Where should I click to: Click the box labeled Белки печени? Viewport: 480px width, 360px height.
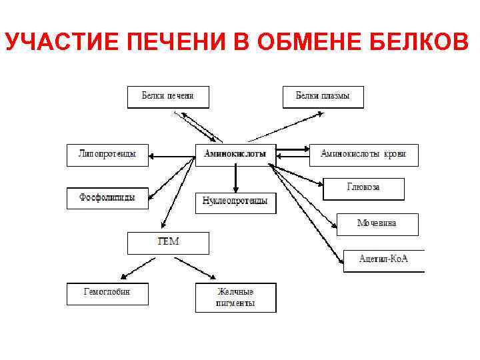click(x=168, y=97)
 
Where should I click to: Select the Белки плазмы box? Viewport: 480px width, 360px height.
click(x=323, y=97)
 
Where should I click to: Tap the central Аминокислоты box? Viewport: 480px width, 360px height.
click(x=235, y=154)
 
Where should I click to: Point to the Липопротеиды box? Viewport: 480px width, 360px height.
click(x=107, y=155)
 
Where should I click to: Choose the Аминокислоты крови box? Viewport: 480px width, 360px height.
click(x=363, y=155)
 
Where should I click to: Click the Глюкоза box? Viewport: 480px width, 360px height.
click(x=363, y=189)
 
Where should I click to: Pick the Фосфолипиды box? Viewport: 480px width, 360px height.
click(x=107, y=198)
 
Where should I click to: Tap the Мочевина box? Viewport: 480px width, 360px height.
click(x=377, y=224)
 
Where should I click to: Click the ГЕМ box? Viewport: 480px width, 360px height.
click(x=168, y=243)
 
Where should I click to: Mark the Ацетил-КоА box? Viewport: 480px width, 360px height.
click(x=383, y=260)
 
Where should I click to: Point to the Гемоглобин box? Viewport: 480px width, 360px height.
click(x=107, y=293)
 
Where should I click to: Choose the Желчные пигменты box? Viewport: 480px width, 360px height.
click(x=235, y=298)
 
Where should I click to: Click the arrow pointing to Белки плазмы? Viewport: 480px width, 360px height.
click(x=287, y=127)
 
